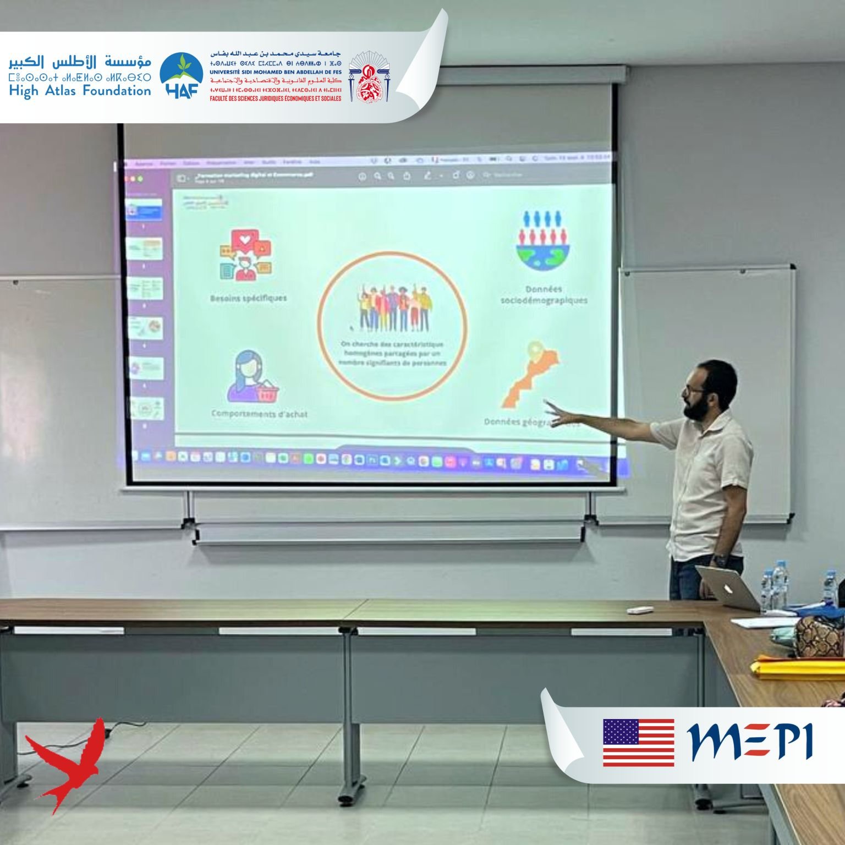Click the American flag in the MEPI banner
[638, 742]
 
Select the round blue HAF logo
[181, 76]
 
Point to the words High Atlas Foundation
[80, 91]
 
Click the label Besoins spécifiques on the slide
[248, 298]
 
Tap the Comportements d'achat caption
[259, 414]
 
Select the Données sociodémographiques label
[544, 295]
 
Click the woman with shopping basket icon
[252, 378]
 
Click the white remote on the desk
[640, 610]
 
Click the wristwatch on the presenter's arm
[719, 559]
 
